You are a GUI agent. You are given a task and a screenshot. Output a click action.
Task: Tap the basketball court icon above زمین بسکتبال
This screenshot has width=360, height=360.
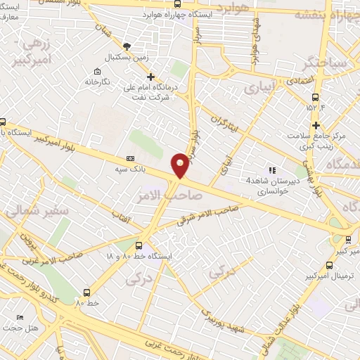click(x=126, y=45)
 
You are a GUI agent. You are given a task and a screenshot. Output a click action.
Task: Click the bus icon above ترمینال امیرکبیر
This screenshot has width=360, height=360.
click(x=330, y=265)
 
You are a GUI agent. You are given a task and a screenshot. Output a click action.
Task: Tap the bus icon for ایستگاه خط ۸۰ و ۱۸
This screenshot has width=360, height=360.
click(x=139, y=246)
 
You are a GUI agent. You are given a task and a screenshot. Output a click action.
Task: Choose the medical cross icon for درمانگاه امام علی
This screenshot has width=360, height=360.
click(x=150, y=77)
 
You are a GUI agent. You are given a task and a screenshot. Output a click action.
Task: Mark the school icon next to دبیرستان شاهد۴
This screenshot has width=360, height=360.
click(x=272, y=169)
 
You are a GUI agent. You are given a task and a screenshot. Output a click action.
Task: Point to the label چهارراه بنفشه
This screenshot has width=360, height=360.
click(x=322, y=14)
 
